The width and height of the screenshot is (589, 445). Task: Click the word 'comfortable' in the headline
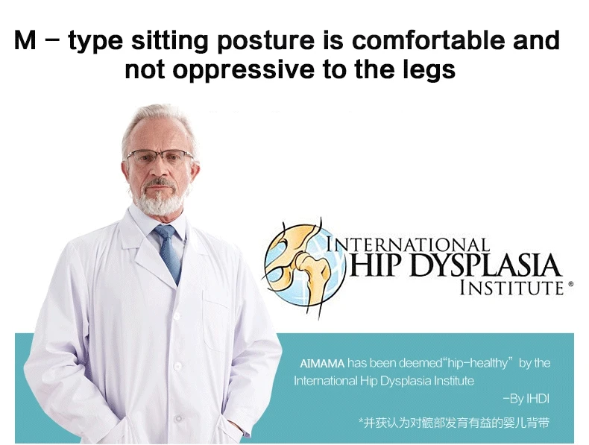click(x=429, y=40)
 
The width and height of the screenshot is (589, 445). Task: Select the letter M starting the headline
click(x=25, y=40)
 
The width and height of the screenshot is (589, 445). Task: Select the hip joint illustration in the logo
click(x=303, y=265)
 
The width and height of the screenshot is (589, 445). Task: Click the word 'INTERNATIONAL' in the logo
click(x=408, y=244)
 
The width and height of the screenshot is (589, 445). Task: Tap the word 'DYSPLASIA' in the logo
click(x=483, y=265)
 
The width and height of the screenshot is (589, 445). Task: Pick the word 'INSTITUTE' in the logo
click(x=511, y=287)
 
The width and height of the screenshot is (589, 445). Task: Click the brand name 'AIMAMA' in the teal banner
click(x=322, y=364)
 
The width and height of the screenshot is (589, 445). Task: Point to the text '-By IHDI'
click(x=526, y=399)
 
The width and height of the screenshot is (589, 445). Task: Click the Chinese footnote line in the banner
click(x=454, y=423)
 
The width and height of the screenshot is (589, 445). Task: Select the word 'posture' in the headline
click(x=266, y=41)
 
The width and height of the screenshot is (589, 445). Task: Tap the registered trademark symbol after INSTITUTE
click(x=570, y=284)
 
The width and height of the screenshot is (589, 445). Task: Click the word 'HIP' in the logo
click(x=376, y=265)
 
